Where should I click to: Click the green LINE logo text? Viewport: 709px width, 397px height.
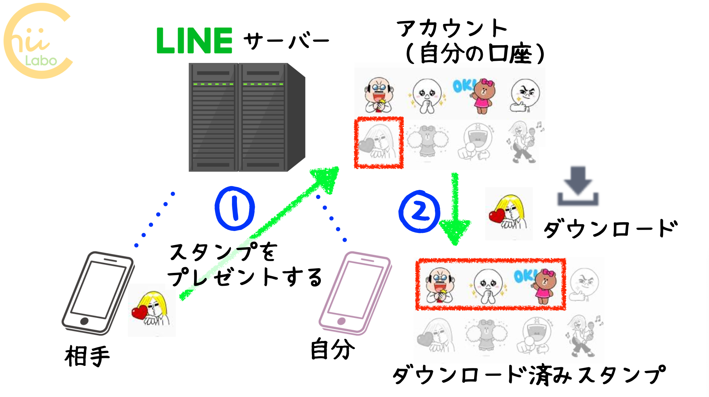tap(194, 41)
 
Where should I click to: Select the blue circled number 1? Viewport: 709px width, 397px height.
tap(235, 209)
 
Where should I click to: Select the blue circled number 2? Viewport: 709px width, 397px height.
tap(419, 211)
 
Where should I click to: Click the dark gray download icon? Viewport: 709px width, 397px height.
tap(578, 186)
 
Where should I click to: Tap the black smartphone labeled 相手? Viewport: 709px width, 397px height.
tap(97, 293)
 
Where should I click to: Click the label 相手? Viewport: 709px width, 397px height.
tap(87, 356)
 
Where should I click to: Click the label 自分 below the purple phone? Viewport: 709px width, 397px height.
tap(332, 349)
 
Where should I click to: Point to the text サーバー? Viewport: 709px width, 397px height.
tap(286, 41)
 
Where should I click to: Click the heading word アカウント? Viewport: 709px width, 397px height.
tap(452, 28)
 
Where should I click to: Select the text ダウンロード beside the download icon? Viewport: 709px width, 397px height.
tap(610, 229)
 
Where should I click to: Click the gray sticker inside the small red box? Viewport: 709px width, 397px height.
tap(378, 143)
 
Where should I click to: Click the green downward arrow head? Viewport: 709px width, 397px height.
tap(455, 231)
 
